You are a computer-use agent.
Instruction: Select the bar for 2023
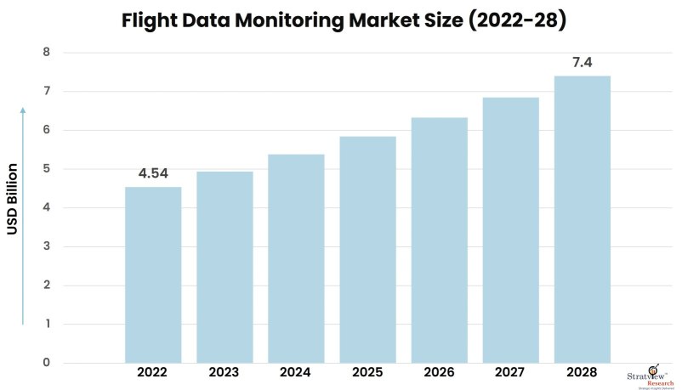224,267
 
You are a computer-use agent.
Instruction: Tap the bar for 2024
296,258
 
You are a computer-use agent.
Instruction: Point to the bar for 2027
510,229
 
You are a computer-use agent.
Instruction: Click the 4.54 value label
153,174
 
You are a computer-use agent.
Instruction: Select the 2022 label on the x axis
153,372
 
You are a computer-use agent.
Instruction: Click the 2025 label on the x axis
367,372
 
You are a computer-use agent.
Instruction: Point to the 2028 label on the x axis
582,372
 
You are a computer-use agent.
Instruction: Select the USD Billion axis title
13,198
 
